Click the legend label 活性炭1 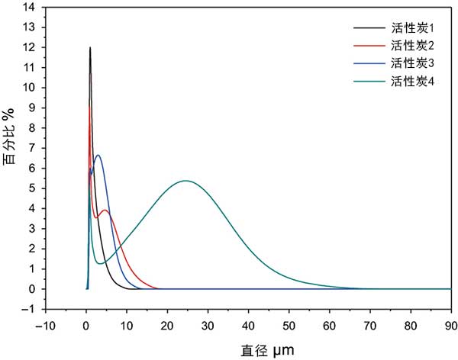point(412,27)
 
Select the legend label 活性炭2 point(412,45)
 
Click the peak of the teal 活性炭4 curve point(185,181)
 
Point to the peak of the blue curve point(98,156)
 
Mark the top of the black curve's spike point(90,48)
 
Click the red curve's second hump point(105,210)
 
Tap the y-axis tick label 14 point(30,7)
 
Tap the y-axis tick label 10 point(30,88)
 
